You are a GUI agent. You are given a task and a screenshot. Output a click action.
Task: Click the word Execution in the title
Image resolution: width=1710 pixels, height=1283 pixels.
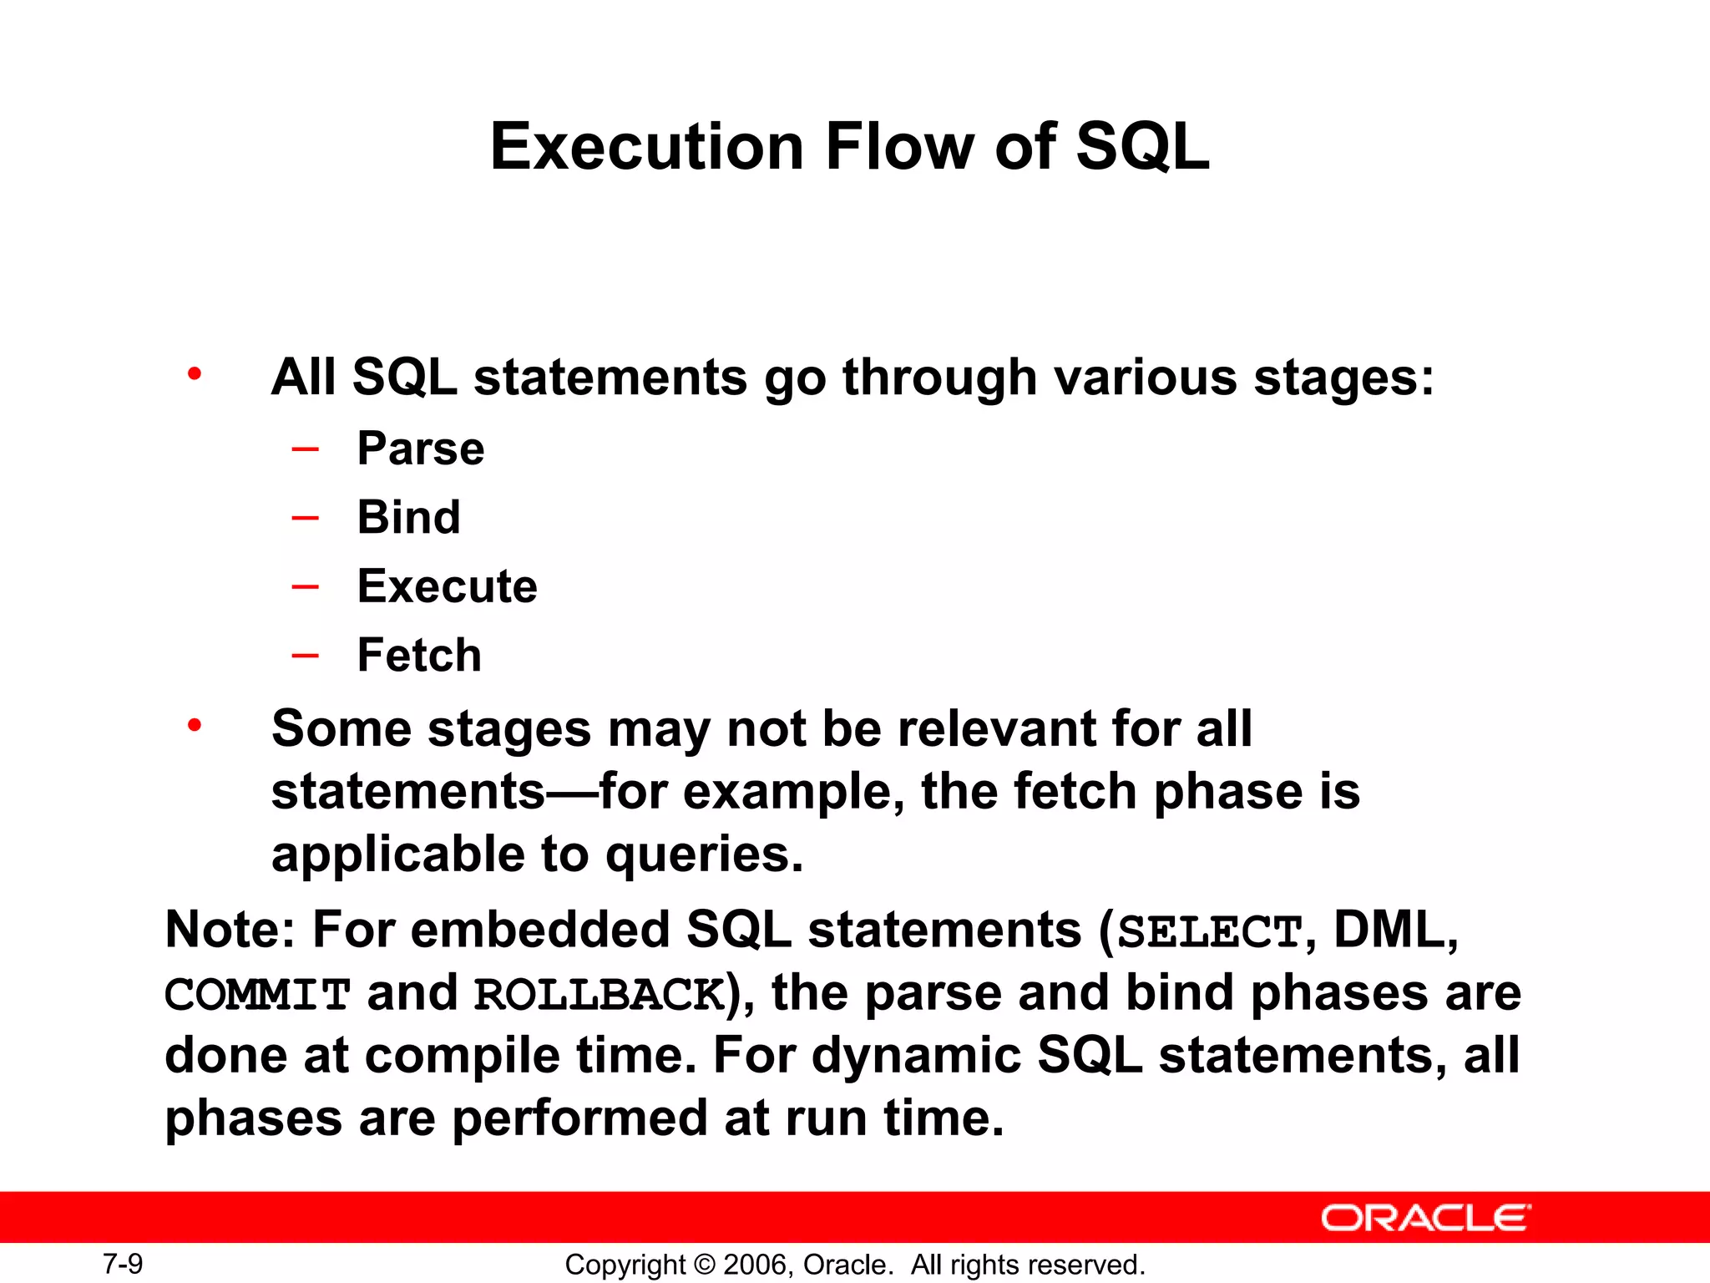click(x=647, y=147)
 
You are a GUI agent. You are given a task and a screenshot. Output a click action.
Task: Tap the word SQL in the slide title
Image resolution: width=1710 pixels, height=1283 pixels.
click(x=1141, y=147)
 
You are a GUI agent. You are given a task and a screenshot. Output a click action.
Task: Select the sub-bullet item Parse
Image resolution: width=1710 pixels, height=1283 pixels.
click(x=420, y=449)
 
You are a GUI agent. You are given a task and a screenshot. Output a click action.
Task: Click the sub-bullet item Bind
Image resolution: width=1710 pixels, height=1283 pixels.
click(x=408, y=517)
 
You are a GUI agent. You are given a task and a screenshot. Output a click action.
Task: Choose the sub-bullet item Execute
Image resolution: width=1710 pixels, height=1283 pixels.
click(x=447, y=586)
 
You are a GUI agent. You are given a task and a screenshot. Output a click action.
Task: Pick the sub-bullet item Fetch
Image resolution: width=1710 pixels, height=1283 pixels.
click(x=419, y=655)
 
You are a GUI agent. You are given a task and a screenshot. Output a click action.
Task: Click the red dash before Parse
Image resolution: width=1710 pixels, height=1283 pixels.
click(x=305, y=449)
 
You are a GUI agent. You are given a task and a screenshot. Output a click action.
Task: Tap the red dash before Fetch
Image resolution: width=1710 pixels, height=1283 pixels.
click(x=305, y=656)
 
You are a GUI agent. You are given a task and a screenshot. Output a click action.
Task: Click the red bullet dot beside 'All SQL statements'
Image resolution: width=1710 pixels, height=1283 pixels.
click(x=195, y=373)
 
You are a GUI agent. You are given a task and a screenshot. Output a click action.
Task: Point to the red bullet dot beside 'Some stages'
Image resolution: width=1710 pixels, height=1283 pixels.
click(x=195, y=725)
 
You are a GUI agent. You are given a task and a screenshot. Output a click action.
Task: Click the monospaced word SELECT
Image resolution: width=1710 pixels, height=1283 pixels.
click(x=1209, y=932)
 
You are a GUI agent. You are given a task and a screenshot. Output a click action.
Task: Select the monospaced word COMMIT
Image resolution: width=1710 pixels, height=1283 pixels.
click(x=257, y=995)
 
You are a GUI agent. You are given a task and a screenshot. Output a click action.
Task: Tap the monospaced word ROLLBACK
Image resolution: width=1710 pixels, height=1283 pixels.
click(x=600, y=995)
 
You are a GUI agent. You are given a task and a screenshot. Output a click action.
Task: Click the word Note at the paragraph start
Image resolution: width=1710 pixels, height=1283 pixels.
click(x=224, y=930)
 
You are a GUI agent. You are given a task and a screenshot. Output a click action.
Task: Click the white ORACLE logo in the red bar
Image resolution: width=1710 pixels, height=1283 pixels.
click(x=1425, y=1218)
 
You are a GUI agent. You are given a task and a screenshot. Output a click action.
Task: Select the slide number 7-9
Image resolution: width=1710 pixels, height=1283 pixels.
click(x=123, y=1264)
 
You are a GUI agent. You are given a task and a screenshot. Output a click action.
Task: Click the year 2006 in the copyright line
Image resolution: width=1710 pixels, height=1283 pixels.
click(x=756, y=1265)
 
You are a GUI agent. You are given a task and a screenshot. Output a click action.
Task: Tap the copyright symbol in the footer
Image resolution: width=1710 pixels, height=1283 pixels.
click(x=704, y=1265)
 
